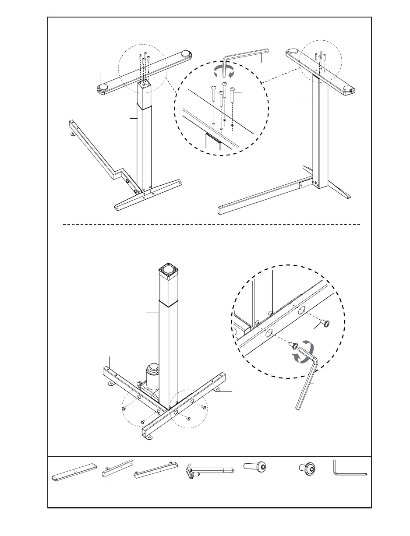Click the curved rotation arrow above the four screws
[223, 71]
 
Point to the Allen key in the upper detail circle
[244, 57]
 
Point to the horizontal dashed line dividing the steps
[210, 224]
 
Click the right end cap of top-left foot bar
[185, 54]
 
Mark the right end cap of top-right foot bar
[350, 91]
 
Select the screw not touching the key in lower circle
[325, 324]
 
